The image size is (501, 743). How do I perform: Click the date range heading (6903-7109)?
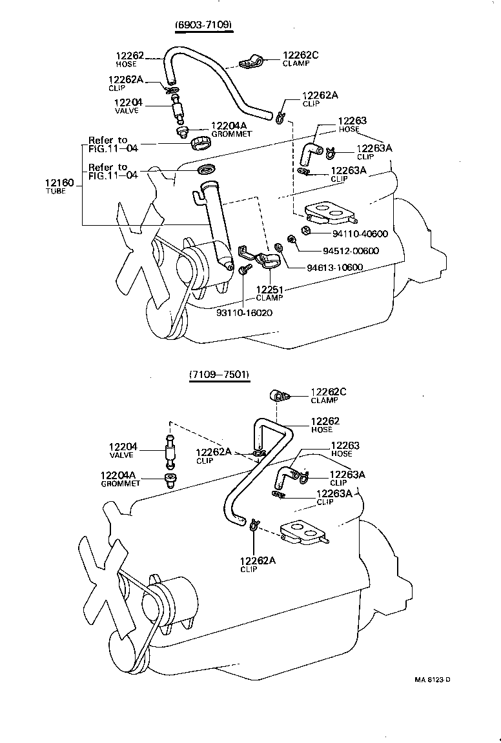(x=203, y=25)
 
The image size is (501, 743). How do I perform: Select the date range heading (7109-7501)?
(x=220, y=375)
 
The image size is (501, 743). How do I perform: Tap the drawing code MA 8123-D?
(x=432, y=679)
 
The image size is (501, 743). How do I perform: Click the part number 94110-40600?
(x=351, y=234)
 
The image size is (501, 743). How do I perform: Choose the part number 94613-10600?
(x=326, y=268)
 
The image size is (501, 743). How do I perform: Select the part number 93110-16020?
(x=244, y=312)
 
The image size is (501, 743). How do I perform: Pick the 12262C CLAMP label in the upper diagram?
(x=300, y=59)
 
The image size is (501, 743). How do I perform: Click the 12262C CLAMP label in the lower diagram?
(x=329, y=395)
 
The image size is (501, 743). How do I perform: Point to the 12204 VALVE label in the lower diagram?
(x=122, y=450)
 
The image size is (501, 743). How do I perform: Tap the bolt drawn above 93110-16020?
(x=243, y=272)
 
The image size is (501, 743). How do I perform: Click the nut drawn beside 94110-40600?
(x=307, y=231)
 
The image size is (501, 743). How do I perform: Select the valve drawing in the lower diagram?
(x=169, y=450)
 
